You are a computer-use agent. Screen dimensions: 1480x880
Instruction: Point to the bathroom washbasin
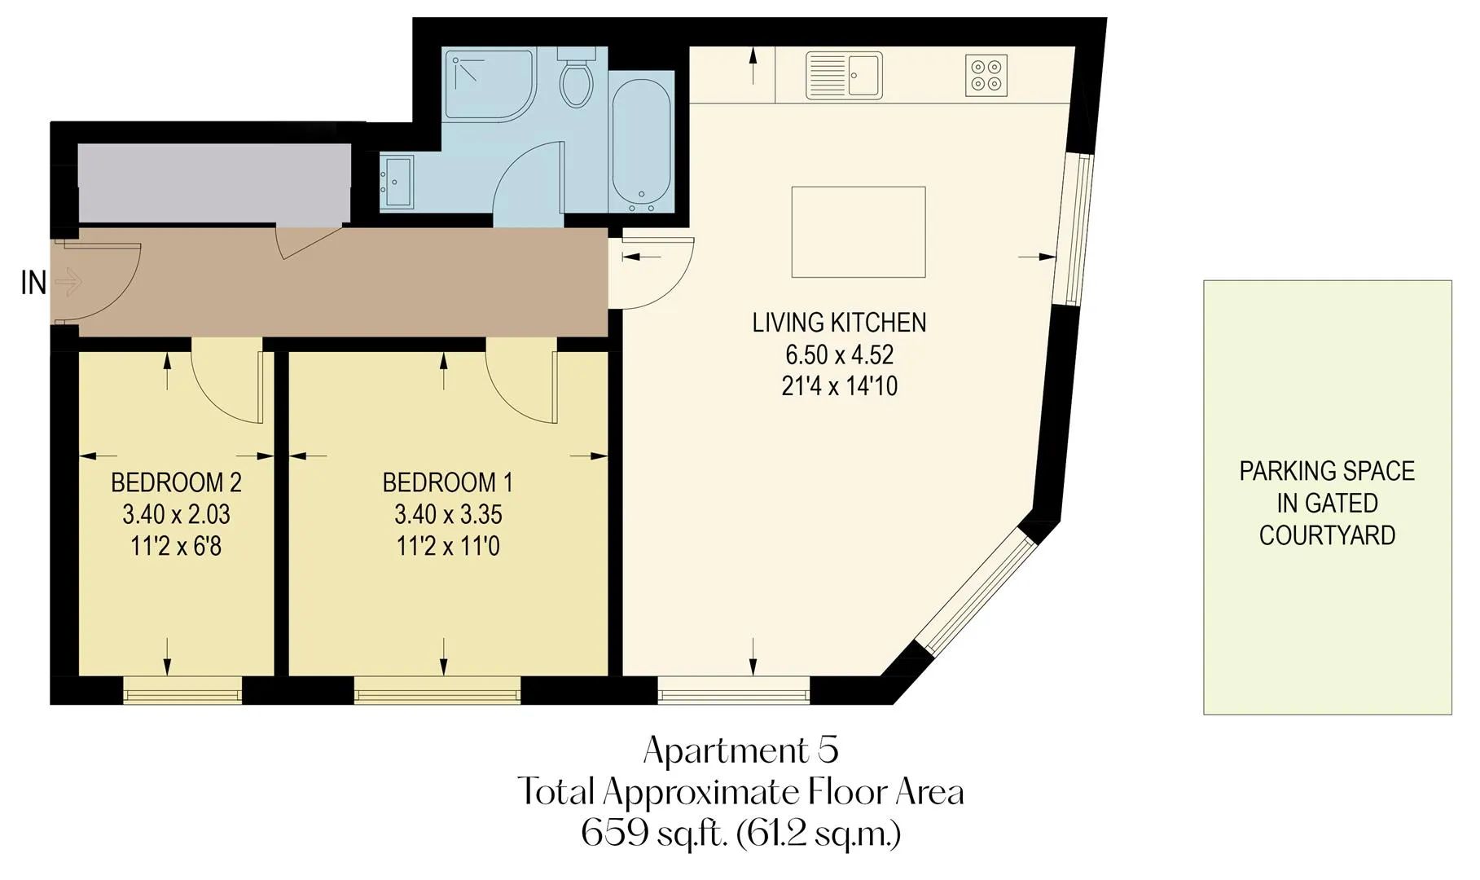397,182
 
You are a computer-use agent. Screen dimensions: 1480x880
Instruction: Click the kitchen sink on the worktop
844,76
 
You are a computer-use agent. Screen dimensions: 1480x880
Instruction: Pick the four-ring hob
986,75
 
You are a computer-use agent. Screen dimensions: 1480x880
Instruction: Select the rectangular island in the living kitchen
859,232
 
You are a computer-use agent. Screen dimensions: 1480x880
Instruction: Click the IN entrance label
33,284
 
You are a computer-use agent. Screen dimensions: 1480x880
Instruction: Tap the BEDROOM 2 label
176,482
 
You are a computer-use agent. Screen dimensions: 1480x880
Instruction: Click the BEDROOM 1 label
448,482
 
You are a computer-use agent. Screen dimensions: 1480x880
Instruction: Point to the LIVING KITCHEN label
839,323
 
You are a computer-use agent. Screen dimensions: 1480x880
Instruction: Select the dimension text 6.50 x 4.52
839,354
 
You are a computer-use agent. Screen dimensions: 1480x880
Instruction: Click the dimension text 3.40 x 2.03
176,514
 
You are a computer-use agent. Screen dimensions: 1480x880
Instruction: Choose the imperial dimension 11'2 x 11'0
448,546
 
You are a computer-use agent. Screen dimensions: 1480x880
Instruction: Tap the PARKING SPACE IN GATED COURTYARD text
1327,503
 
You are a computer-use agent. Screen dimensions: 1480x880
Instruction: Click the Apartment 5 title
740,750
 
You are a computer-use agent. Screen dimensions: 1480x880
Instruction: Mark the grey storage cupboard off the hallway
214,183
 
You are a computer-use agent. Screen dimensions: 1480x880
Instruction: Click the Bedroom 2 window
182,692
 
